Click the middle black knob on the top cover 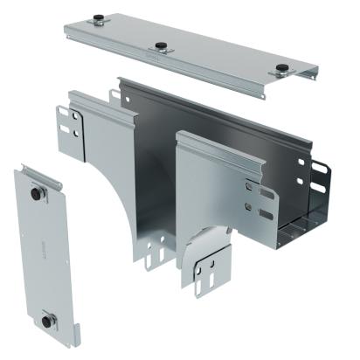point(161,46)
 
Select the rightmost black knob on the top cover point(281,69)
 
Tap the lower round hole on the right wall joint point(250,207)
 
